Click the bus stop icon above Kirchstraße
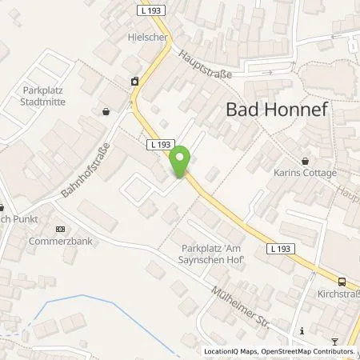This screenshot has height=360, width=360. click(x=342, y=282)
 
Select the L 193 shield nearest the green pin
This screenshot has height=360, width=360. click(x=159, y=145)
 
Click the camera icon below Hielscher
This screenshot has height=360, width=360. click(x=134, y=80)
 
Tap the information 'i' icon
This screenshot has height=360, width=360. click(x=302, y=330)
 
